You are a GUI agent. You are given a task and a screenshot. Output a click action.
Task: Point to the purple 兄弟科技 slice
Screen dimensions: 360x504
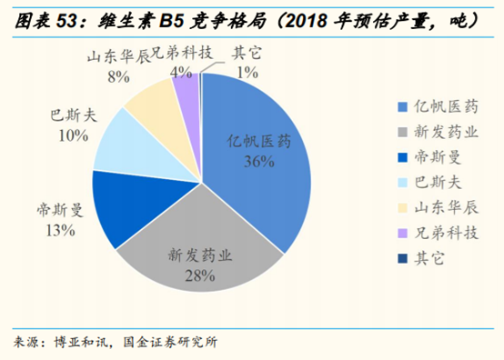click(186, 91)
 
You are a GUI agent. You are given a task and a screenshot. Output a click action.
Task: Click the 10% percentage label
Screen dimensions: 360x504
click(71, 136)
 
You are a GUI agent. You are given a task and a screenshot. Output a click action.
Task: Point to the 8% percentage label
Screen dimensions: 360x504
click(117, 77)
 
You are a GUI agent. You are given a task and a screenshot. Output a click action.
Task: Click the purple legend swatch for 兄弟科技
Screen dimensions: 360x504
click(401, 233)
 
